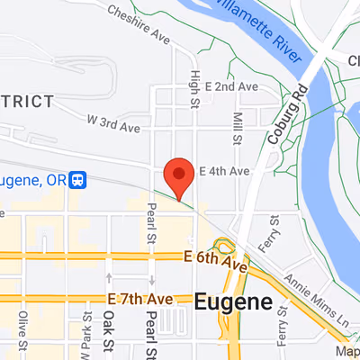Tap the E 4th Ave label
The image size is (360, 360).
pos(223,170)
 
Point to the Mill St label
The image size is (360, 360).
pos(238,130)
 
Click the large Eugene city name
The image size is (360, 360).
pos(232,302)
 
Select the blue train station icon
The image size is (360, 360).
pos(79,179)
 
